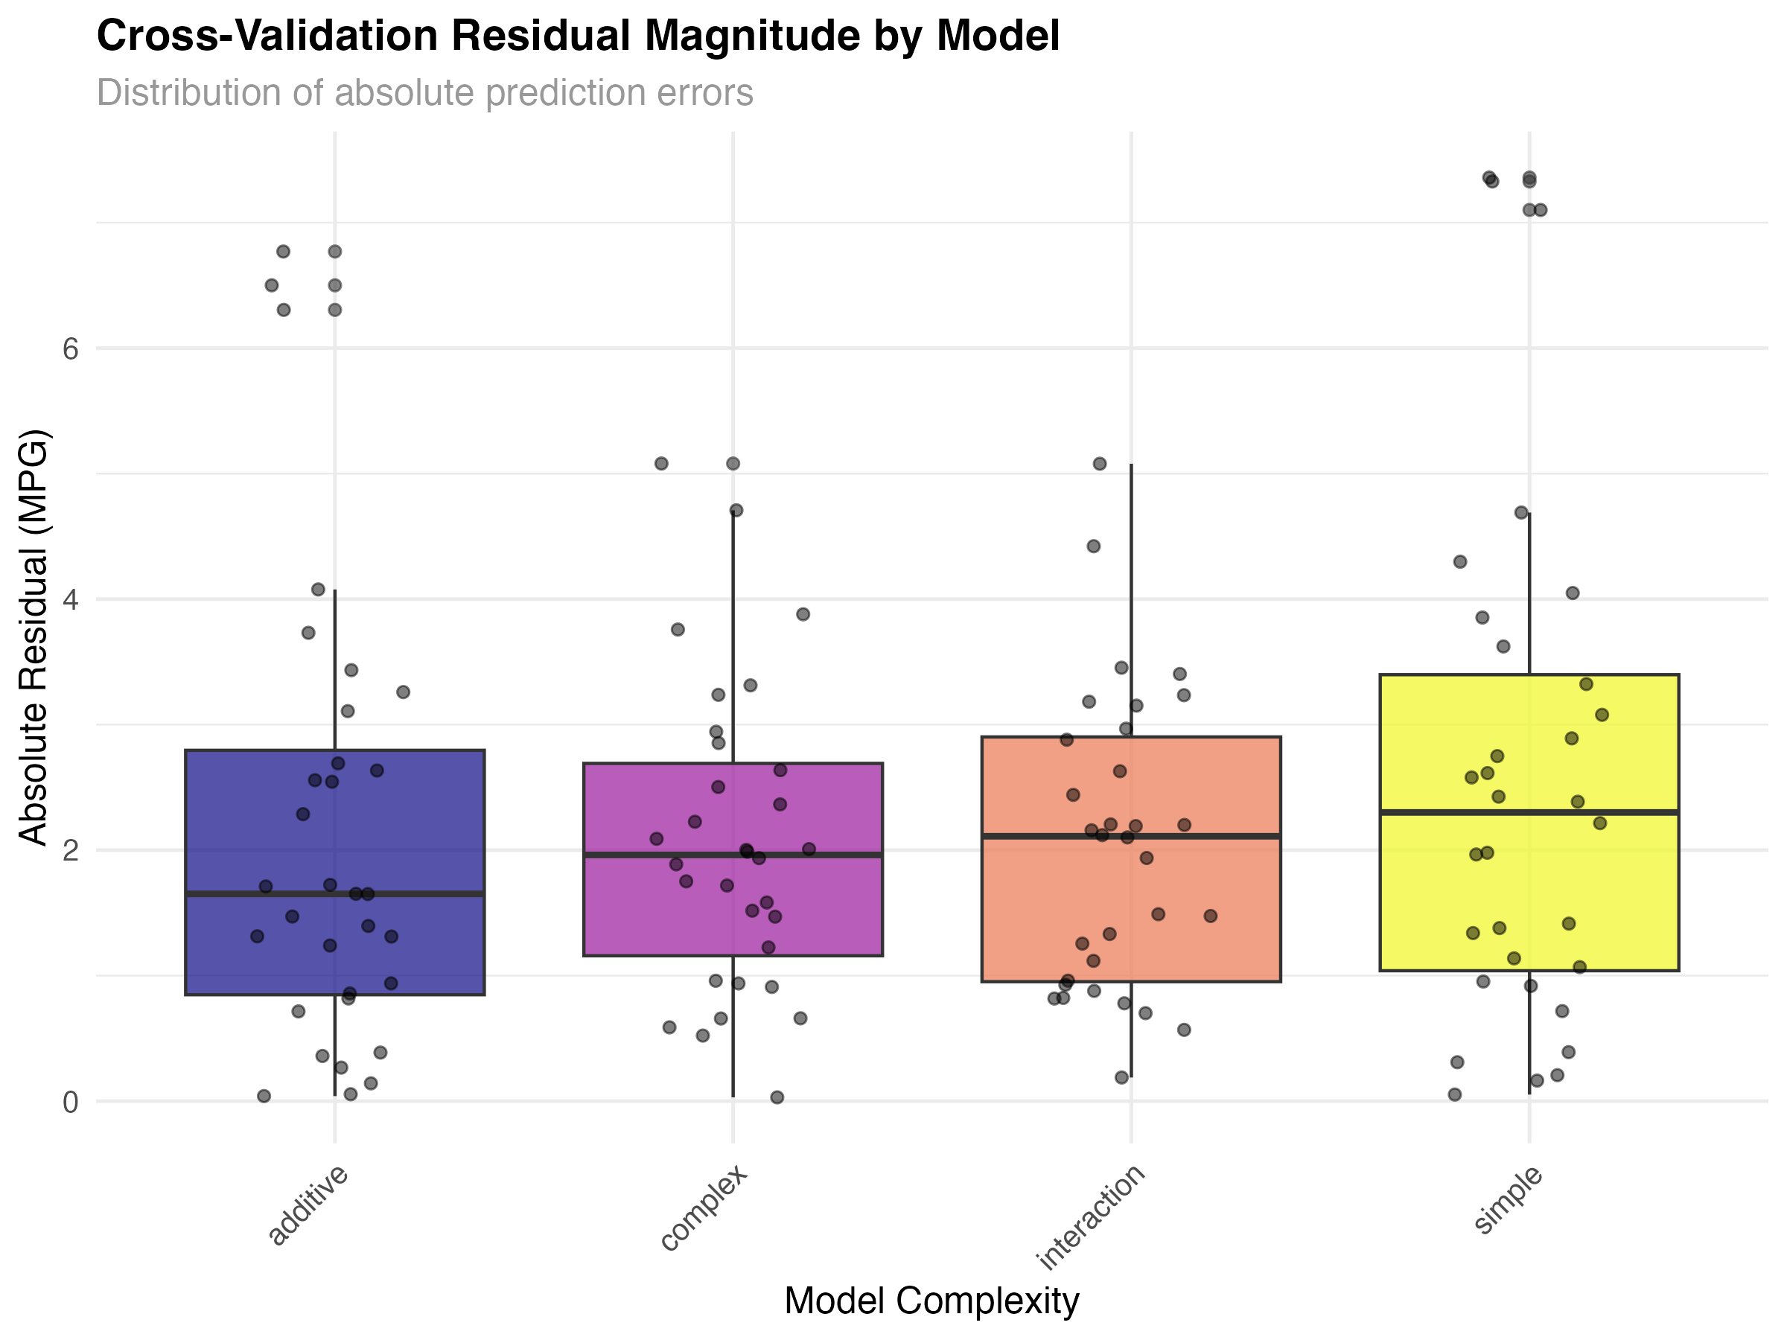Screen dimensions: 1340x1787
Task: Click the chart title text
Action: pyautogui.click(x=425, y=94)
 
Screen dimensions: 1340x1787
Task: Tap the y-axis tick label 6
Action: pyautogui.click(x=70, y=349)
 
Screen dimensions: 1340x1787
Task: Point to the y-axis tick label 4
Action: pyautogui.click(x=70, y=600)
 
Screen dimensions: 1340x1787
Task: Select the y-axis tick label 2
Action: pyautogui.click(x=70, y=850)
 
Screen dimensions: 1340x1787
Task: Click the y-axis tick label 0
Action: pyautogui.click(x=70, y=1103)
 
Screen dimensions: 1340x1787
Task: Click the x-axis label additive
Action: pyautogui.click(x=308, y=1205)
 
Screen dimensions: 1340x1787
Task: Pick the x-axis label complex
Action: pyautogui.click(x=704, y=1207)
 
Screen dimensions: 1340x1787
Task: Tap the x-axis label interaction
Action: pyautogui.click(x=1091, y=1216)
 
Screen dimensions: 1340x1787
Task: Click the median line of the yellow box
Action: pyautogui.click(x=1529, y=811)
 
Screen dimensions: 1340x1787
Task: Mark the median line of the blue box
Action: pyautogui.click(x=335, y=893)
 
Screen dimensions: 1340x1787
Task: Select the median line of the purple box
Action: pyautogui.click(x=733, y=854)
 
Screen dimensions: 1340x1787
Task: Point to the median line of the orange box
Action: pyautogui.click(x=1131, y=836)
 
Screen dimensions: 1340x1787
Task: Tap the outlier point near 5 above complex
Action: pyautogui.click(x=733, y=464)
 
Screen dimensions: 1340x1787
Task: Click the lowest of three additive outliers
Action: pyautogui.click(x=335, y=310)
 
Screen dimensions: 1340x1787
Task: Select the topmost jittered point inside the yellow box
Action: pyautogui.click(x=1586, y=684)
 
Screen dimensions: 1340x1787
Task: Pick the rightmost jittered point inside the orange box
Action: pyautogui.click(x=1210, y=916)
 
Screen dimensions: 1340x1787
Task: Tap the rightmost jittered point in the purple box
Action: pyautogui.click(x=809, y=849)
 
